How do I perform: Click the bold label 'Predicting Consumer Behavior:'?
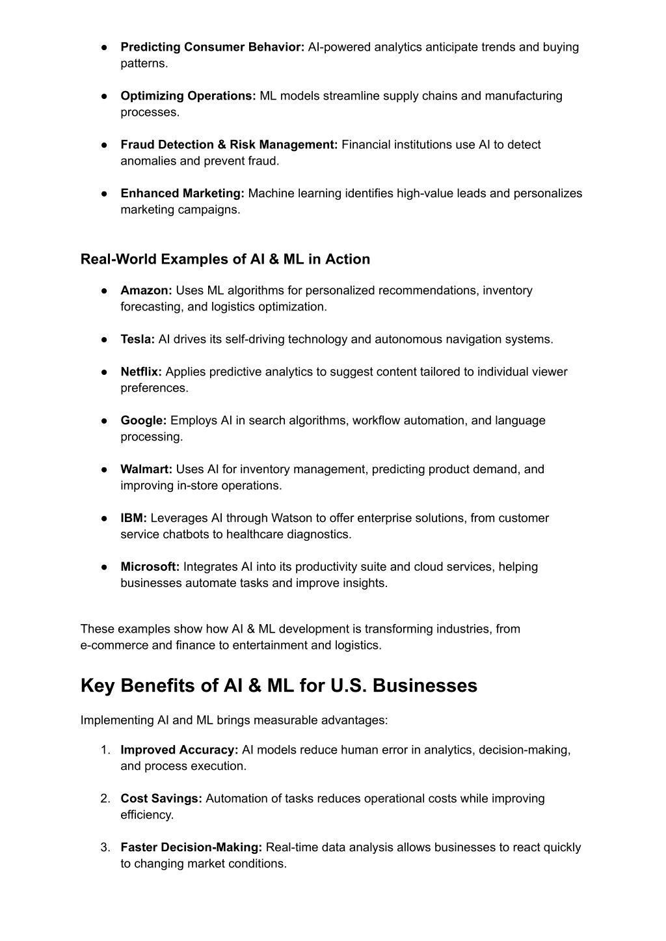point(212,47)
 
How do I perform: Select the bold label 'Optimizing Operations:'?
point(188,96)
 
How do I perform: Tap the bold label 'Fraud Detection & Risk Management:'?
point(229,144)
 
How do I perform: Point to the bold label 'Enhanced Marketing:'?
point(182,193)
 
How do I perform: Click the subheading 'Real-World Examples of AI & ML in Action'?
point(225,259)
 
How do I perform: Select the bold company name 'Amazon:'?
point(146,290)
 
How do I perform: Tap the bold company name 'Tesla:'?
point(137,339)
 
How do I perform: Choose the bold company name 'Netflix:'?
point(141,372)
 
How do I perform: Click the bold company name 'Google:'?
point(144,420)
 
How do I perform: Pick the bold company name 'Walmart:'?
point(146,469)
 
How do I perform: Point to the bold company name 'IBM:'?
point(133,518)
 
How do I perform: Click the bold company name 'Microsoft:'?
point(150,567)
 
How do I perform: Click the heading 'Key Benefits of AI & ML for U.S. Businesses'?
point(279,685)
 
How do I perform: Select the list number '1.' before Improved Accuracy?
point(105,750)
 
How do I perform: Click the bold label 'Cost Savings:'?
point(161,798)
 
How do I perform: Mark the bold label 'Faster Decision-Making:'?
point(191,847)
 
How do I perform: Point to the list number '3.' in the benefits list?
point(105,847)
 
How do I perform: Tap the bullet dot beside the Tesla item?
point(104,339)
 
